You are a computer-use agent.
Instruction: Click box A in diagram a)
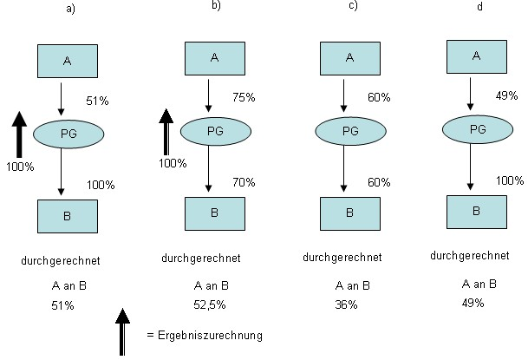pyautogui.click(x=67, y=61)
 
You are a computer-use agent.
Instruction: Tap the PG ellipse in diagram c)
pyautogui.click(x=349, y=131)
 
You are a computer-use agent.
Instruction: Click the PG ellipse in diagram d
pyautogui.click(x=475, y=129)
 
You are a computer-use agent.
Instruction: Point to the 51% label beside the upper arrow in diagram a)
pyautogui.click(x=97, y=101)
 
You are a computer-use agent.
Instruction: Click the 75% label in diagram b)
pyautogui.click(x=244, y=97)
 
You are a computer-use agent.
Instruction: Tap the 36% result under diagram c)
pyautogui.click(x=345, y=304)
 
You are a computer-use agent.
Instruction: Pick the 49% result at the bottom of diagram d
pyautogui.click(x=473, y=303)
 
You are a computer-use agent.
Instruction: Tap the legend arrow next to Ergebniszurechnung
pyautogui.click(x=122, y=331)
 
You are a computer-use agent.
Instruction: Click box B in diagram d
pyautogui.click(x=475, y=210)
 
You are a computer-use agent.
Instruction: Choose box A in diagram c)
pyautogui.click(x=349, y=58)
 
